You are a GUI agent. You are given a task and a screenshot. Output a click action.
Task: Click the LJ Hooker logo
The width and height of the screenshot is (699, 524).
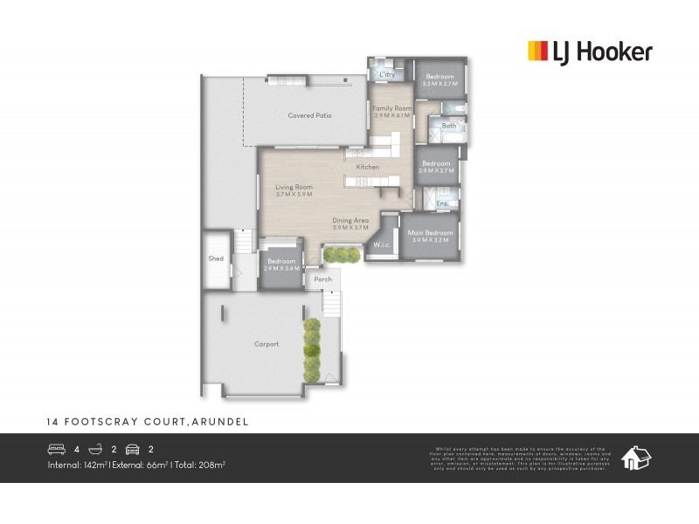[590, 52]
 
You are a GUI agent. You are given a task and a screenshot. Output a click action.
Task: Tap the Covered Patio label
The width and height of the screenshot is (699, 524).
[309, 115]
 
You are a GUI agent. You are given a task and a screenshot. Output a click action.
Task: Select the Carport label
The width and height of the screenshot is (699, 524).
[266, 344]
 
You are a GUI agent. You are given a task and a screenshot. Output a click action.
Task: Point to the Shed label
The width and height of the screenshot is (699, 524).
[216, 259]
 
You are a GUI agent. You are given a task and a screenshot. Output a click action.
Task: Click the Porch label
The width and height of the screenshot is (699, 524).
[322, 279]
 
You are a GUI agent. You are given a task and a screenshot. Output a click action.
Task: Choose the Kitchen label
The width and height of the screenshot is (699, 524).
[367, 166]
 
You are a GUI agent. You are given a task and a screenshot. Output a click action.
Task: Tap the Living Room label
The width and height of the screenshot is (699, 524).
[294, 187]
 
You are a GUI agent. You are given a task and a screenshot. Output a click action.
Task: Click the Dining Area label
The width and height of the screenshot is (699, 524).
[349, 221]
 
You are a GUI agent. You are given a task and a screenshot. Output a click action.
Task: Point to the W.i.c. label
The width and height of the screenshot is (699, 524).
[381, 245]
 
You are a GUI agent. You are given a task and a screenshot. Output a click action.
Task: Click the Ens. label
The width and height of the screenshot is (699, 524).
[442, 204]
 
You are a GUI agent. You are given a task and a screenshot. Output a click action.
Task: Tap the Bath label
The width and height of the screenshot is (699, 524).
[449, 126]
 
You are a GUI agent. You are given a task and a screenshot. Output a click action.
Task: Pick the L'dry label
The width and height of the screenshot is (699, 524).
[387, 74]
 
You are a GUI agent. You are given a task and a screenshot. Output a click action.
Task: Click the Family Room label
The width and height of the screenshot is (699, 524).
[391, 108]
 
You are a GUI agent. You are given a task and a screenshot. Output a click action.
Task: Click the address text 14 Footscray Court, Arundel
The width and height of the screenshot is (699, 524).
[148, 421]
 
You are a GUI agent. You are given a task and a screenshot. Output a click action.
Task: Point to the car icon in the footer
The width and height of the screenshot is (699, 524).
[133, 450]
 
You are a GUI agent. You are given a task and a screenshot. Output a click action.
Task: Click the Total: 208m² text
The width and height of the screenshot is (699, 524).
[200, 465]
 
